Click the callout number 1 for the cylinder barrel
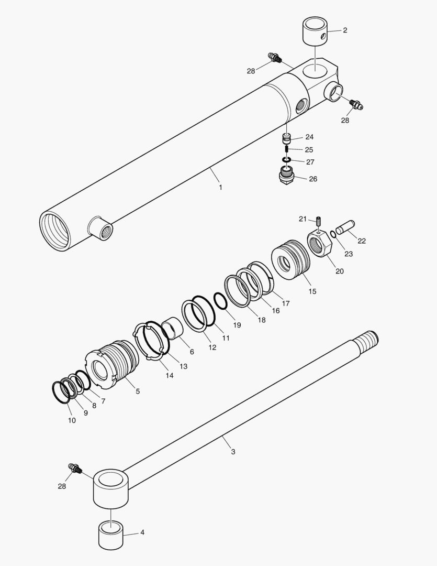[x=220, y=187]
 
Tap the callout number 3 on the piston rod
[x=233, y=451]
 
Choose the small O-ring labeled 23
[x=333, y=234]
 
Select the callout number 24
[x=309, y=137]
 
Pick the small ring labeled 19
[x=220, y=301]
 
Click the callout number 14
[x=169, y=375]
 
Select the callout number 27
[x=310, y=162]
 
